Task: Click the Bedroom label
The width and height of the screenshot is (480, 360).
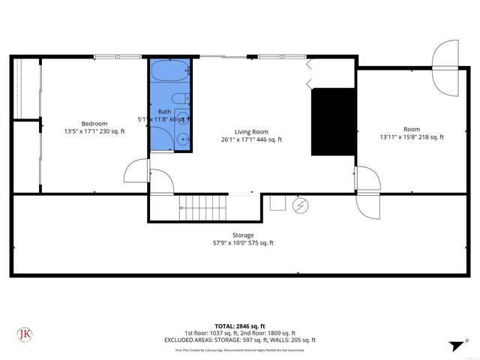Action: coord(94,124)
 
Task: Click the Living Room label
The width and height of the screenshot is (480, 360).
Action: coord(251,131)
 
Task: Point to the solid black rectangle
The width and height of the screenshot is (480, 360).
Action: coord(334,121)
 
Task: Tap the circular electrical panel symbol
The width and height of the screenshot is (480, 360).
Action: coord(300,205)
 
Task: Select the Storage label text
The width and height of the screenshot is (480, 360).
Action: coord(243,235)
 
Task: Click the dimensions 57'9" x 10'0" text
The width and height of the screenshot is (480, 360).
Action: coord(243,243)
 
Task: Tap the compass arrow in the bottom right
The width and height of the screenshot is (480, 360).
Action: coord(455,346)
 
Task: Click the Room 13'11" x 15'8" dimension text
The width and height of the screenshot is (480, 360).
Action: coord(412,137)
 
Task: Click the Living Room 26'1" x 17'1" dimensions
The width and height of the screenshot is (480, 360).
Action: coord(251,139)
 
